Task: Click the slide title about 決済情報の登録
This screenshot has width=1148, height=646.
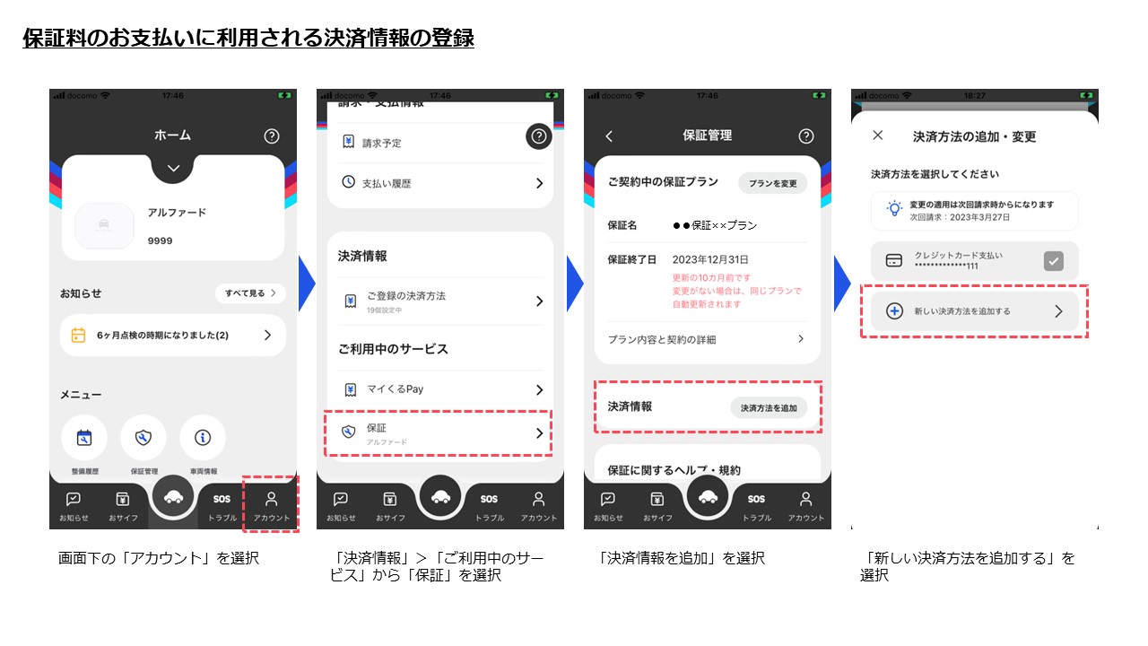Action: click(248, 39)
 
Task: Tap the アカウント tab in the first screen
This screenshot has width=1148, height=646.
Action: click(272, 506)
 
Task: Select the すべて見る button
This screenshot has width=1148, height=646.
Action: click(250, 293)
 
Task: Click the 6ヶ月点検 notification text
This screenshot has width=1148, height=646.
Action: click(162, 336)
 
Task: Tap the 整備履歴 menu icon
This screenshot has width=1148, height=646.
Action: click(84, 438)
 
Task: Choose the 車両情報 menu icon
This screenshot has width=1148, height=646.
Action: click(203, 438)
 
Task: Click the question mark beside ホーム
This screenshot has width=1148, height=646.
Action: click(272, 136)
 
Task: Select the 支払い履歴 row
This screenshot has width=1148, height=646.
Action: click(439, 183)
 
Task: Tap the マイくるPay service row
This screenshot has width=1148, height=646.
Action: click(439, 389)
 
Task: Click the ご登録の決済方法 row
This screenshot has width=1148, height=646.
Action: click(439, 301)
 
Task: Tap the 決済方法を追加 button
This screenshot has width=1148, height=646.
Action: click(768, 408)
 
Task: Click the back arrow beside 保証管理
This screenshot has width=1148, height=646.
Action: click(609, 136)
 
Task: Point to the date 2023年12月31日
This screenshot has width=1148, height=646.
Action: click(709, 259)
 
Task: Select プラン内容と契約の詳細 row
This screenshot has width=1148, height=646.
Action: click(707, 339)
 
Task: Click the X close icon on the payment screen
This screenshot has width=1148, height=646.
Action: click(878, 135)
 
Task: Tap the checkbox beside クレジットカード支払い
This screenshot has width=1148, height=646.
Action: click(1054, 261)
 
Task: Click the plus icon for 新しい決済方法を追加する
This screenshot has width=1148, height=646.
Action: click(894, 311)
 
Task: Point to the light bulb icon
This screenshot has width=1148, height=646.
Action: click(894, 210)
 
